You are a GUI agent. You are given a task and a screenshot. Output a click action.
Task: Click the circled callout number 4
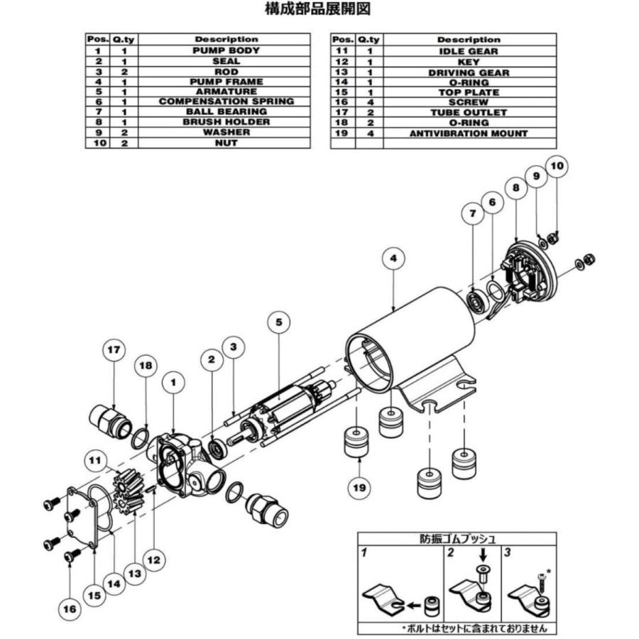393,258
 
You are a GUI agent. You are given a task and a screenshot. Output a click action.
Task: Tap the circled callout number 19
359,486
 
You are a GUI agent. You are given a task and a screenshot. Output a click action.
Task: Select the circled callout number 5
278,322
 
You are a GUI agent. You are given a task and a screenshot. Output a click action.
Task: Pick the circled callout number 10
557,166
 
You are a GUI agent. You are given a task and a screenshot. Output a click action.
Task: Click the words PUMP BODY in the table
226,51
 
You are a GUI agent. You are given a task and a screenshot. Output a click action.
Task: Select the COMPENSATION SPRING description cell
226,102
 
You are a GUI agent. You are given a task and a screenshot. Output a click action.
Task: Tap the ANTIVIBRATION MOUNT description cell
468,133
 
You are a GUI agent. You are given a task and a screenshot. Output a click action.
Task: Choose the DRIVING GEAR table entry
468,72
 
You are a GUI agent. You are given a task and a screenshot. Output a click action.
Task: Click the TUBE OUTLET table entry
468,112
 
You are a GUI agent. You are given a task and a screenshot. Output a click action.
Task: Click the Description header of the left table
226,40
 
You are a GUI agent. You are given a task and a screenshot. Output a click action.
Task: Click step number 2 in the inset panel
450,552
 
